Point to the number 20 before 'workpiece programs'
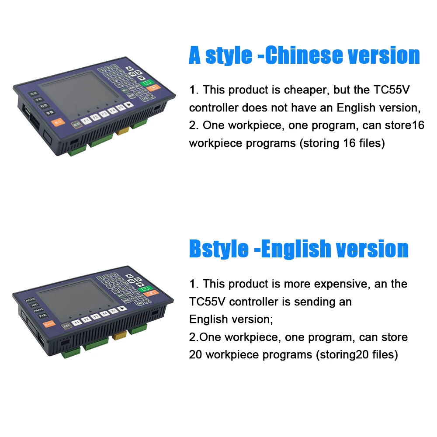pyautogui.click(x=195, y=355)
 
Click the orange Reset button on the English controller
pyautogui.click(x=49, y=324)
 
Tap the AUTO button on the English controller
pyautogui.click(x=30, y=300)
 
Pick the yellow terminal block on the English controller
pyautogui.click(x=119, y=336)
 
